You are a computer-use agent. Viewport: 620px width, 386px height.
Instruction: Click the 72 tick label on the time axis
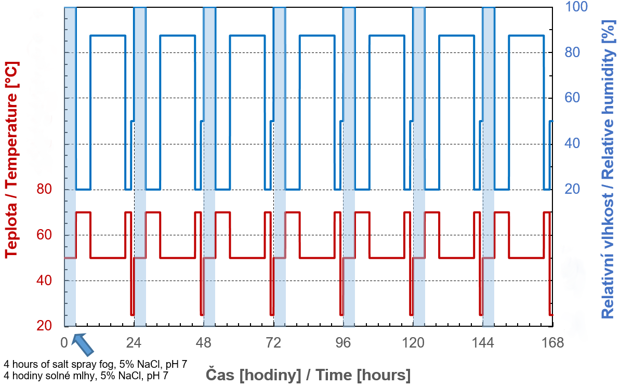(x=273, y=343)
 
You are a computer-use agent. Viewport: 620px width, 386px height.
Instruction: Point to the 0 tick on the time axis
(x=64, y=343)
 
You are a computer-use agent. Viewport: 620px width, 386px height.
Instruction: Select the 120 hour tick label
(x=414, y=343)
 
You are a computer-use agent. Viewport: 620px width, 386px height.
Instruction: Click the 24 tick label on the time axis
(x=134, y=343)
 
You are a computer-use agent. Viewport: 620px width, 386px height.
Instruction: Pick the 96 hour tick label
(x=344, y=343)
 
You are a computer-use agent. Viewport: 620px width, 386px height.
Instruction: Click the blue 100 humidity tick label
(x=576, y=7)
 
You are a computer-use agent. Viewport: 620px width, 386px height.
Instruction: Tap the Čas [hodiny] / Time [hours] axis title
(x=308, y=375)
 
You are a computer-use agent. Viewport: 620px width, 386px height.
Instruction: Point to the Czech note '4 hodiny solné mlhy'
(x=86, y=374)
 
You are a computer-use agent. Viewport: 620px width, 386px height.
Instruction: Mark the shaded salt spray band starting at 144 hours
(x=488, y=166)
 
